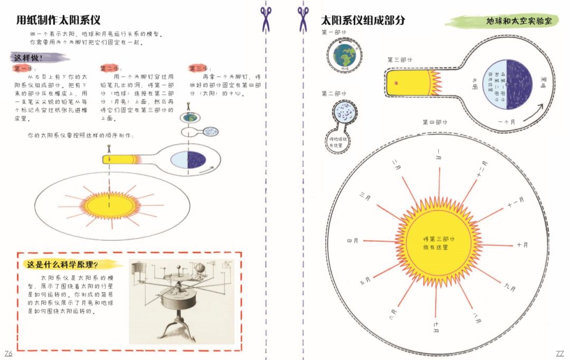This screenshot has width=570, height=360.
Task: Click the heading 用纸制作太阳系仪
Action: pyautogui.click(x=58, y=21)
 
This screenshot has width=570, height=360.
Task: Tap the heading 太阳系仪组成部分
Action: pyautogui.click(x=363, y=21)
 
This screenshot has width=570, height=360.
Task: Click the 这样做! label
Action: pyautogui.click(x=30, y=58)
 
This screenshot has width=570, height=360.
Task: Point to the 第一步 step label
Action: pyautogui.click(x=24, y=69)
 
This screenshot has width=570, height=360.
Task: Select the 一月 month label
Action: pyautogui.click(x=438, y=156)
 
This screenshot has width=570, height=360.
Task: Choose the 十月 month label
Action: pyautogui.click(x=522, y=245)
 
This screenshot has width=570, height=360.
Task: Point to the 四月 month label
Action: pyautogui.click(x=353, y=241)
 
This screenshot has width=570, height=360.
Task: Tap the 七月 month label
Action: pyautogui.click(x=436, y=327)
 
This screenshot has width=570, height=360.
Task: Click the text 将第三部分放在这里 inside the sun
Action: pyautogui.click(x=438, y=243)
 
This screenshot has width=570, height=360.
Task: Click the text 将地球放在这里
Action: pyautogui.click(x=336, y=142)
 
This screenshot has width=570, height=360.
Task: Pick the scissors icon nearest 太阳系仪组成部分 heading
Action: pyautogui.click(x=303, y=18)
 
